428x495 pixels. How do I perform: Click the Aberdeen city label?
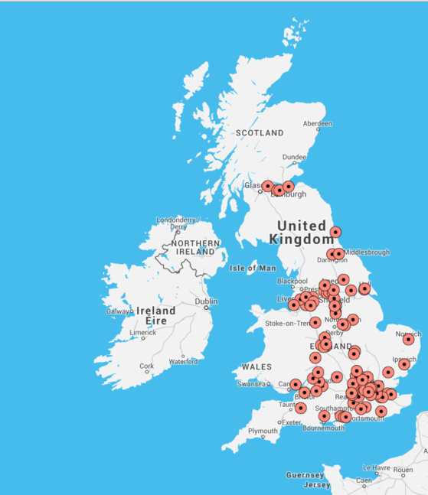pyautogui.click(x=318, y=123)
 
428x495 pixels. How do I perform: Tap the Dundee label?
pyautogui.click(x=294, y=158)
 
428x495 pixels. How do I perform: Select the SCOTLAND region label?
pyautogui.click(x=259, y=133)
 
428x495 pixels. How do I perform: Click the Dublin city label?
pyautogui.click(x=205, y=301)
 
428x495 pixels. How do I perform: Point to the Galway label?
pyautogui.click(x=119, y=311)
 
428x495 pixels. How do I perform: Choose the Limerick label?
pyautogui.click(x=143, y=333)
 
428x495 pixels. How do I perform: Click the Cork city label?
pyautogui.click(x=147, y=366)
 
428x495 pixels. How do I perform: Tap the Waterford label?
pyautogui.click(x=183, y=361)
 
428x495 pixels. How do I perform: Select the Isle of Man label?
pyautogui.click(x=252, y=269)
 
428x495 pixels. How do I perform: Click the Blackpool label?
pyautogui.click(x=291, y=281)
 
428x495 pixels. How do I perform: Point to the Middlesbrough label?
pyautogui.click(x=367, y=252)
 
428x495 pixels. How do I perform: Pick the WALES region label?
pyautogui.click(x=256, y=367)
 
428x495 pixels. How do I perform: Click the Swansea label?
pyautogui.click(x=253, y=383)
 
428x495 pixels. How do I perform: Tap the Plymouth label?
pyautogui.click(x=263, y=431)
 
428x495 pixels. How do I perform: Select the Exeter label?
pyautogui.click(x=290, y=422)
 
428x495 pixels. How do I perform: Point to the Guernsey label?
pyautogui.click(x=305, y=475)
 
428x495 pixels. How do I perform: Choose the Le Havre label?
pyautogui.click(x=377, y=467)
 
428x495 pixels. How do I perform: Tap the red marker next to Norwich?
pyautogui.click(x=409, y=339)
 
